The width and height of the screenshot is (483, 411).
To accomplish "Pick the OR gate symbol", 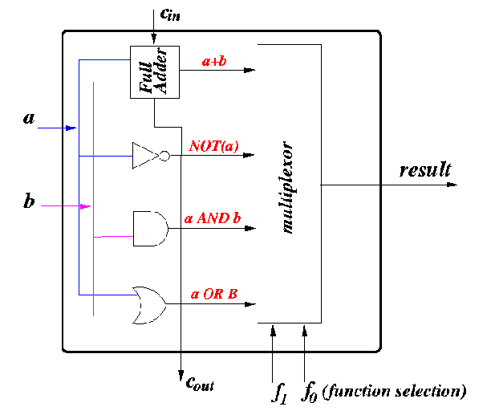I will pos(148,305).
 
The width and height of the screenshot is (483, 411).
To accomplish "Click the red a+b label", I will pos(214,57).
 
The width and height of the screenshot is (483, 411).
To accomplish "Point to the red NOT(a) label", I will pos(214,145).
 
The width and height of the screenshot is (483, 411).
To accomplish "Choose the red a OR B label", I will pos(214,294).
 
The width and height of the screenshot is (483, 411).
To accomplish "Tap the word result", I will pos(425,169).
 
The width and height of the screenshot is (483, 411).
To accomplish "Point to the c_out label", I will pos(200,382).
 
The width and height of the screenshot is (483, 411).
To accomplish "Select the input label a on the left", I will pos(30,120).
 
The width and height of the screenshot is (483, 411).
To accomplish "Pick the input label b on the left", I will pos(29,201).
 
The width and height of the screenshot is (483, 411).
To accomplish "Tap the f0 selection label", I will pos(309,392).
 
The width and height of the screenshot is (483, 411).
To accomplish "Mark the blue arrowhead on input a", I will pos(71,128).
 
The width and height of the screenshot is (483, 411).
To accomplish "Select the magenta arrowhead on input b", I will pos(86,206).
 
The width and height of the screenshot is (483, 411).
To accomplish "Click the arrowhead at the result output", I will pos(452,185).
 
